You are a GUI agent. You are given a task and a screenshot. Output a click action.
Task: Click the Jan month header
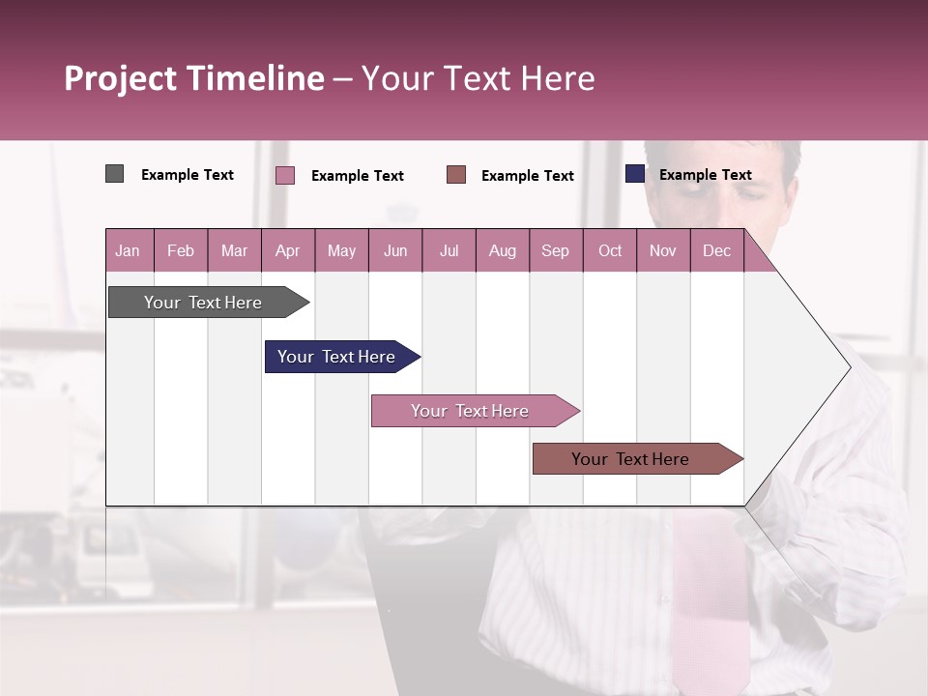point(128,250)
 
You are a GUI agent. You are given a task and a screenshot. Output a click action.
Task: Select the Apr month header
point(287,250)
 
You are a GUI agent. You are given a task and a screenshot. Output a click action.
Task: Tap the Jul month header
point(449,250)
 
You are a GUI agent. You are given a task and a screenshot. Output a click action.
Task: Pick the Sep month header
point(555,250)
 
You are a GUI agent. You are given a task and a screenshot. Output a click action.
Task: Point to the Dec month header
point(716,250)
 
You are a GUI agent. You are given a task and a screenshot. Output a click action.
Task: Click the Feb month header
point(181,250)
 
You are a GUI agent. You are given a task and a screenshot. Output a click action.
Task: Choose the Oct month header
point(610,250)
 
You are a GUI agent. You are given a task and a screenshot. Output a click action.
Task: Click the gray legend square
point(114,174)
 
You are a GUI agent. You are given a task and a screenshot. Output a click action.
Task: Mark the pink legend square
point(285,175)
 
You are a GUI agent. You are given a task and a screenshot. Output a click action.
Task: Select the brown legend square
point(456,174)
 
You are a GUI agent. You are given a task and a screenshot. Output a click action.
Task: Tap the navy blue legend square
point(635,174)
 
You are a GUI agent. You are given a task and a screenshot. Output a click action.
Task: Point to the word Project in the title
point(120,78)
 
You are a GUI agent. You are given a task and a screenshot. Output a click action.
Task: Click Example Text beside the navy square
point(705,175)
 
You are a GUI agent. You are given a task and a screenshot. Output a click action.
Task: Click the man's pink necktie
point(710,599)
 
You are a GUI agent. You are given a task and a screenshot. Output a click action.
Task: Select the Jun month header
point(395,250)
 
